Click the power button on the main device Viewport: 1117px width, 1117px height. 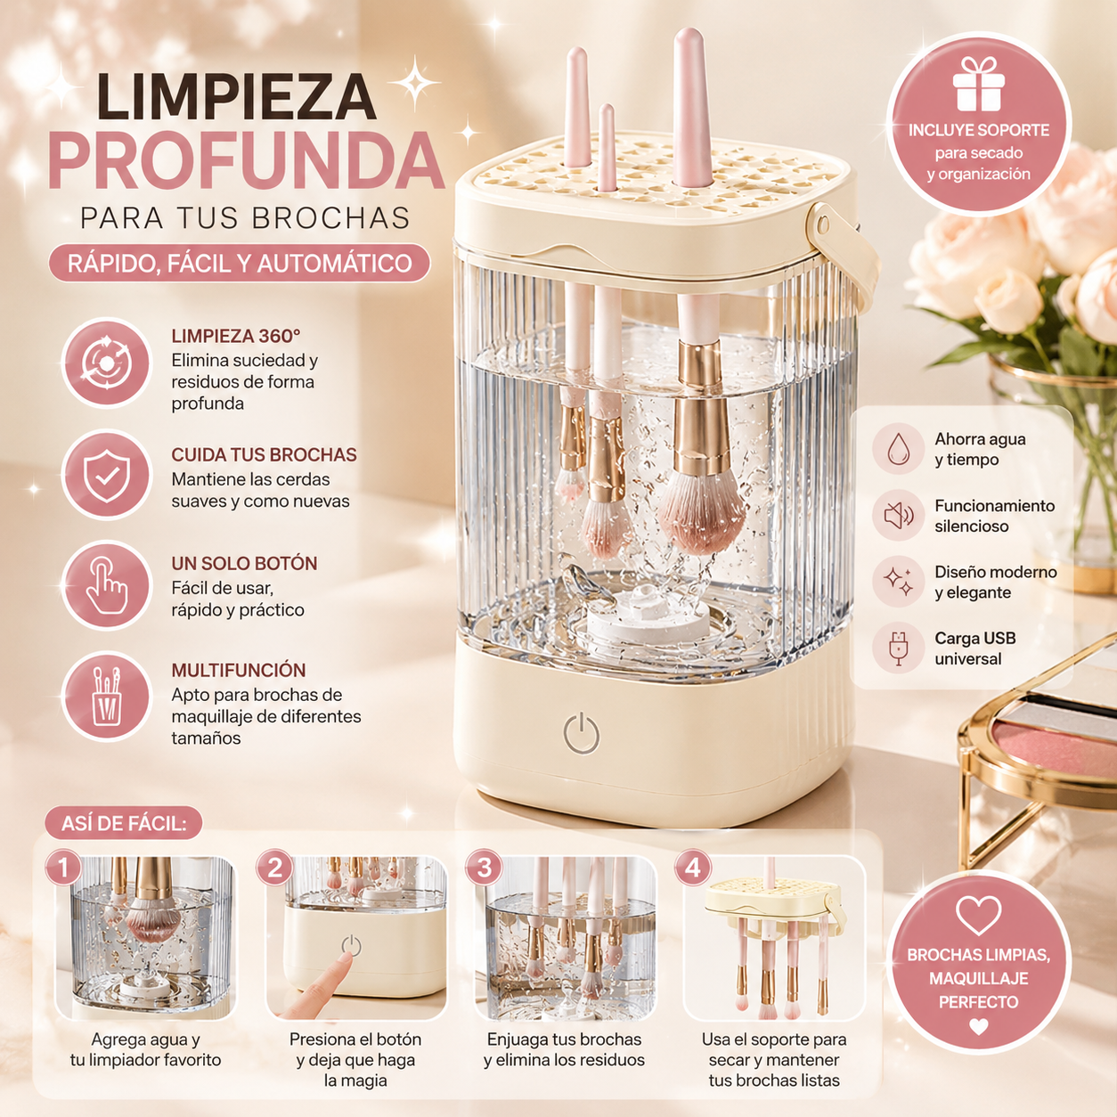582,734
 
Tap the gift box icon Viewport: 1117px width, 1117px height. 978,84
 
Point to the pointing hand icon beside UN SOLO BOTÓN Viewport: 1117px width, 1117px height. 107,585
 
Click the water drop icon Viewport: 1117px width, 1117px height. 898,449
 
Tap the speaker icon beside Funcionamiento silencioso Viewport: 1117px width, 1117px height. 898,515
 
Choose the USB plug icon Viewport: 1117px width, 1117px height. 898,648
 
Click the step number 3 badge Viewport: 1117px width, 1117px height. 484,868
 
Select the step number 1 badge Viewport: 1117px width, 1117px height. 63,868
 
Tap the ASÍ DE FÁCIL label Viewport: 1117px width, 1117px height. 124,823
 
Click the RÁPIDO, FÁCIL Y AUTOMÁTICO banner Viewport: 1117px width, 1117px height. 240,264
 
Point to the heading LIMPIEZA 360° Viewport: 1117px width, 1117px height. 236,336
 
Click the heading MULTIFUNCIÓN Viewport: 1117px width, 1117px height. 238,670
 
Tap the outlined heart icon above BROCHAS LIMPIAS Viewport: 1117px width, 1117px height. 978,916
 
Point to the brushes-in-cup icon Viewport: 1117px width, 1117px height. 107,697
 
